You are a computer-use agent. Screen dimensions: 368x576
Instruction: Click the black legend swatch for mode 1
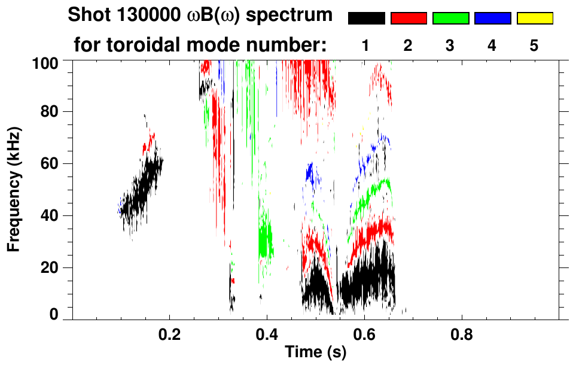point(367,19)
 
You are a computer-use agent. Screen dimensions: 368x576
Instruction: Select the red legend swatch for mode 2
point(409,19)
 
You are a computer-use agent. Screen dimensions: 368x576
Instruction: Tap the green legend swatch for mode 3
point(450,19)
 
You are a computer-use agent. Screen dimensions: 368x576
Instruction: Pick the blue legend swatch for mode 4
point(492,19)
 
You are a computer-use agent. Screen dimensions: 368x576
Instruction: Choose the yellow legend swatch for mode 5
point(535,19)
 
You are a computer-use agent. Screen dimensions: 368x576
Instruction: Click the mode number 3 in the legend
point(450,45)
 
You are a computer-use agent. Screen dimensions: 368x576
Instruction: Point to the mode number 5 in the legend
point(535,45)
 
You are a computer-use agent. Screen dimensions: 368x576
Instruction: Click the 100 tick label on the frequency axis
point(45,62)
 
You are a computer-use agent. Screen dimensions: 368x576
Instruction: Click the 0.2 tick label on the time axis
point(170,332)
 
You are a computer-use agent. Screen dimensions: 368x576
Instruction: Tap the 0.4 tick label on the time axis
point(267,332)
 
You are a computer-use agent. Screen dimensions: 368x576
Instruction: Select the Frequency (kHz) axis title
point(13,188)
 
